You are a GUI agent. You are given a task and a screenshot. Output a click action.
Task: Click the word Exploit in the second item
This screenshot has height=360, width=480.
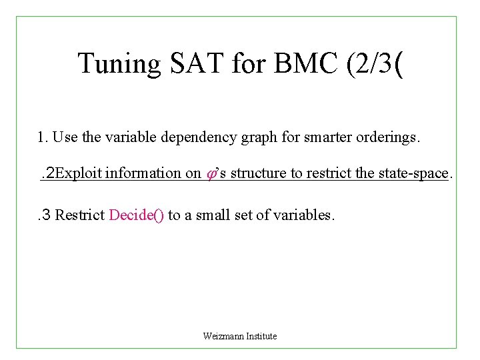79,173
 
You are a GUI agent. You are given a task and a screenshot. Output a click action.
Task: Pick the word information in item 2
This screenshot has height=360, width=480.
143,173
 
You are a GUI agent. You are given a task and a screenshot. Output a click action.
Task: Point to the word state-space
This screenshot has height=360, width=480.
413,173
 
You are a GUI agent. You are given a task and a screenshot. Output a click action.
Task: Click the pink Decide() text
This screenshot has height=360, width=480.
136,215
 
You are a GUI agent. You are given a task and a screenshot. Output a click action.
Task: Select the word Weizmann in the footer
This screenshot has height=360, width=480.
223,336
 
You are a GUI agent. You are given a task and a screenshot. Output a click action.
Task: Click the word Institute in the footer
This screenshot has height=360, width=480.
261,336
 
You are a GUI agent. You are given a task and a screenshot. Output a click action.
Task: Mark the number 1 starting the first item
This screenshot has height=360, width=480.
42,138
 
